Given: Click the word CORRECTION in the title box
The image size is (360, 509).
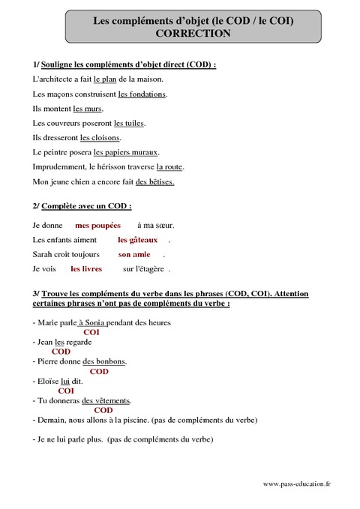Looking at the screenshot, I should [193, 34].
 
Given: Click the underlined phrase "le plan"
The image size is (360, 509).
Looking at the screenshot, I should [106, 79].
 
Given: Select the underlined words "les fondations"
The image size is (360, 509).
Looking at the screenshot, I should [142, 94].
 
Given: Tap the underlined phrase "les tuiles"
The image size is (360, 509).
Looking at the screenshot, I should [129, 123].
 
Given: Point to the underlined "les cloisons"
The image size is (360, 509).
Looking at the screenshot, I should [100, 138].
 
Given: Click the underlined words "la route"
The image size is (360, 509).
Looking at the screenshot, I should [169, 166].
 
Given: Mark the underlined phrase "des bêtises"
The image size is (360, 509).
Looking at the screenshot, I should [154, 182].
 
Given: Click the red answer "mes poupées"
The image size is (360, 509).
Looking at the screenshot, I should [97, 225].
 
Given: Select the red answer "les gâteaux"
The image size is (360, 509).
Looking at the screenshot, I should [138, 240].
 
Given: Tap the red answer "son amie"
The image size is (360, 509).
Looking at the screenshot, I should [134, 254].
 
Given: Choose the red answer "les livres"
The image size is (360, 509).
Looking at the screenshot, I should [86, 268].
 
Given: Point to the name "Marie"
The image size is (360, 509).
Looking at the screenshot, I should [49, 322].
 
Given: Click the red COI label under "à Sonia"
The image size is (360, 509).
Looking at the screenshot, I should [91, 332].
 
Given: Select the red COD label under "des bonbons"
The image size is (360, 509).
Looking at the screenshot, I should [99, 371].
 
